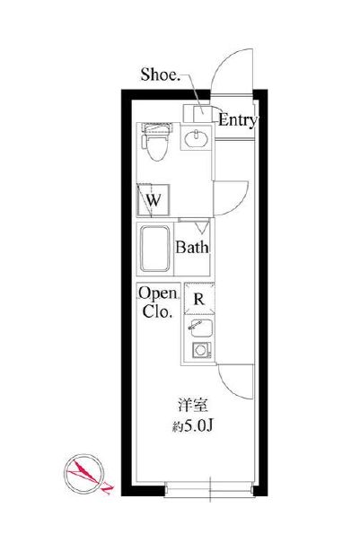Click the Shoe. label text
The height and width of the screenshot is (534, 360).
click(x=161, y=74)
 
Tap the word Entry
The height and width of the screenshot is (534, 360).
click(x=237, y=120)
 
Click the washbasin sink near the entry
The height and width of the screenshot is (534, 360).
click(x=197, y=138)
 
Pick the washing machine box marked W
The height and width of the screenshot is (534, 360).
click(x=154, y=200)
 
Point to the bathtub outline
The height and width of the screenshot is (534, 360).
click(x=155, y=249)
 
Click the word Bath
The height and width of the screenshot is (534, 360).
click(x=192, y=247)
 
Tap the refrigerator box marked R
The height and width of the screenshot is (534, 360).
click(x=199, y=299)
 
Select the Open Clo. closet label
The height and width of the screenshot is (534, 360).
click(x=158, y=302)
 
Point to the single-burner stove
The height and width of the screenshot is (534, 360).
click(x=201, y=350)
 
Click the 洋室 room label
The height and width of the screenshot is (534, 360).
click(x=192, y=405)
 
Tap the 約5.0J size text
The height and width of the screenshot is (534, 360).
click(x=193, y=425)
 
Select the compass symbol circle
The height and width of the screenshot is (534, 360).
click(x=84, y=473)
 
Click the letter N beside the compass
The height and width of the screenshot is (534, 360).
click(x=109, y=489)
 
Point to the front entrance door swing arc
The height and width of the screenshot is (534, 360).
click(x=222, y=61)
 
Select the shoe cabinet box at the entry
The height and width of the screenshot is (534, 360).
click(x=196, y=113)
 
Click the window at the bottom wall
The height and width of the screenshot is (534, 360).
click(x=209, y=490)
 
